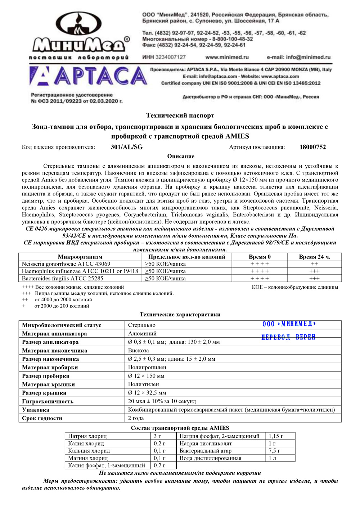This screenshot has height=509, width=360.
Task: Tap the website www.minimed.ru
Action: point(227,57)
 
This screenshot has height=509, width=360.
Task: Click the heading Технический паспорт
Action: point(180,116)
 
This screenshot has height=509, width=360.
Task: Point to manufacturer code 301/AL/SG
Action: point(127,147)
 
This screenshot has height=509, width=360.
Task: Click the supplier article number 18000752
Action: point(312,147)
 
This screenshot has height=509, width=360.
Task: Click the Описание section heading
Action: point(181,156)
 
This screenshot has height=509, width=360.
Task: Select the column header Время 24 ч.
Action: point(314,257)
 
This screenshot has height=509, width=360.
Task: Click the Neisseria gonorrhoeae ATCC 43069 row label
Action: point(66,264)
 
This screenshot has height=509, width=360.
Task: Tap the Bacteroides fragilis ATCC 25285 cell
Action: point(62,278)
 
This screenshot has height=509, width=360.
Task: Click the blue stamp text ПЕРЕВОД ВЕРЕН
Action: point(288,337)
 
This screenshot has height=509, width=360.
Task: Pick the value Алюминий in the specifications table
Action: point(142,334)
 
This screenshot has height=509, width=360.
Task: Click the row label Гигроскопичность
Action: point(48,401)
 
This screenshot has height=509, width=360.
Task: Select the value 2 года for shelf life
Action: point(136,418)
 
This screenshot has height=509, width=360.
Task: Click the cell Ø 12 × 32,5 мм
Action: point(147,393)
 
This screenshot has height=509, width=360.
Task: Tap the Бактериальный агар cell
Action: point(205,451)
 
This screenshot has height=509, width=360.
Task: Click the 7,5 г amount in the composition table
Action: point(274,451)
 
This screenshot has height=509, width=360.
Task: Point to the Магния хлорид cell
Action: point(88,458)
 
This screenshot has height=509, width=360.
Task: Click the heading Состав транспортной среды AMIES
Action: point(180,428)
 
